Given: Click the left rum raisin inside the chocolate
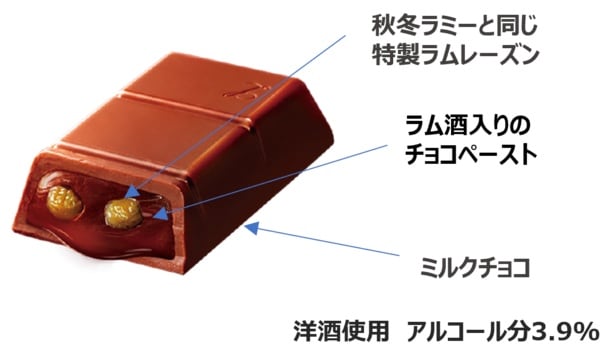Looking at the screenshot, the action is tap(65, 201).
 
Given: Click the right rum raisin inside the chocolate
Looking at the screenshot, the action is tap(123, 213).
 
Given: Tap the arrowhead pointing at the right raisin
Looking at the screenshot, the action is tap(132, 191).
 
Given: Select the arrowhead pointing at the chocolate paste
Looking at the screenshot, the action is tap(161, 213).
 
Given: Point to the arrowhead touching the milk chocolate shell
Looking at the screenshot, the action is tap(252, 227).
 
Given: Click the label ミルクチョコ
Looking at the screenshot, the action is tap(475, 268).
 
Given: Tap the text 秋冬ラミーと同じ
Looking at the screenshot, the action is tap(454, 26).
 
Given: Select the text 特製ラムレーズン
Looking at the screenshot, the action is tap(454, 55).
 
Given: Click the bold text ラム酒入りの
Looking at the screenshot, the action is tap(468, 126).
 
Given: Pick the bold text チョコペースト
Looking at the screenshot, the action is tap(471, 155).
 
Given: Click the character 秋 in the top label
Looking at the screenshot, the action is tap(383, 26).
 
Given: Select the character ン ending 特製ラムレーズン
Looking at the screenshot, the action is tap(526, 55).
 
